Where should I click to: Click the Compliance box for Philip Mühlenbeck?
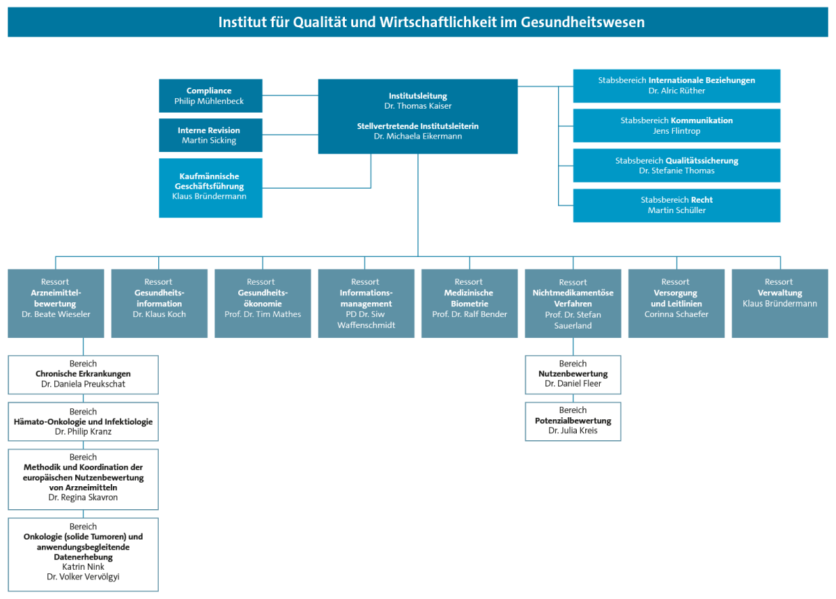[210, 96]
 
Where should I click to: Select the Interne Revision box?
[210, 135]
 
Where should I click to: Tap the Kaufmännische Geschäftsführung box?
[210, 187]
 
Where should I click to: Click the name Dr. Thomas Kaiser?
[418, 106]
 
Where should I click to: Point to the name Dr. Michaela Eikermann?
[418, 137]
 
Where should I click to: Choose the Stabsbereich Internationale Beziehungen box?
[676, 86]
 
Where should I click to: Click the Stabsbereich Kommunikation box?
[676, 125]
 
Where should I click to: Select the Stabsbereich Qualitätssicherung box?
[676, 165]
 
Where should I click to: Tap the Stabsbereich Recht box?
[676, 205]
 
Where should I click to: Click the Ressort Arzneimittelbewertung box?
[56, 303]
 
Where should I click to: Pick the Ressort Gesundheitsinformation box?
[160, 303]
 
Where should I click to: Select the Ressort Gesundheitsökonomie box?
[263, 303]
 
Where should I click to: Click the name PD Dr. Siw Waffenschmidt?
[366, 320]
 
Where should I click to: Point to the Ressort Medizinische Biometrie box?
[469, 303]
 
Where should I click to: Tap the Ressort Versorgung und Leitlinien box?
[676, 303]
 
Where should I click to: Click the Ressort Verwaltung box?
[780, 303]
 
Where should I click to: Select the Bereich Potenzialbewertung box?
[573, 421]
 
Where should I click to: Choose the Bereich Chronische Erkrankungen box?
[83, 374]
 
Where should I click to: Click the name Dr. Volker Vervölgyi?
[83, 577]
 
